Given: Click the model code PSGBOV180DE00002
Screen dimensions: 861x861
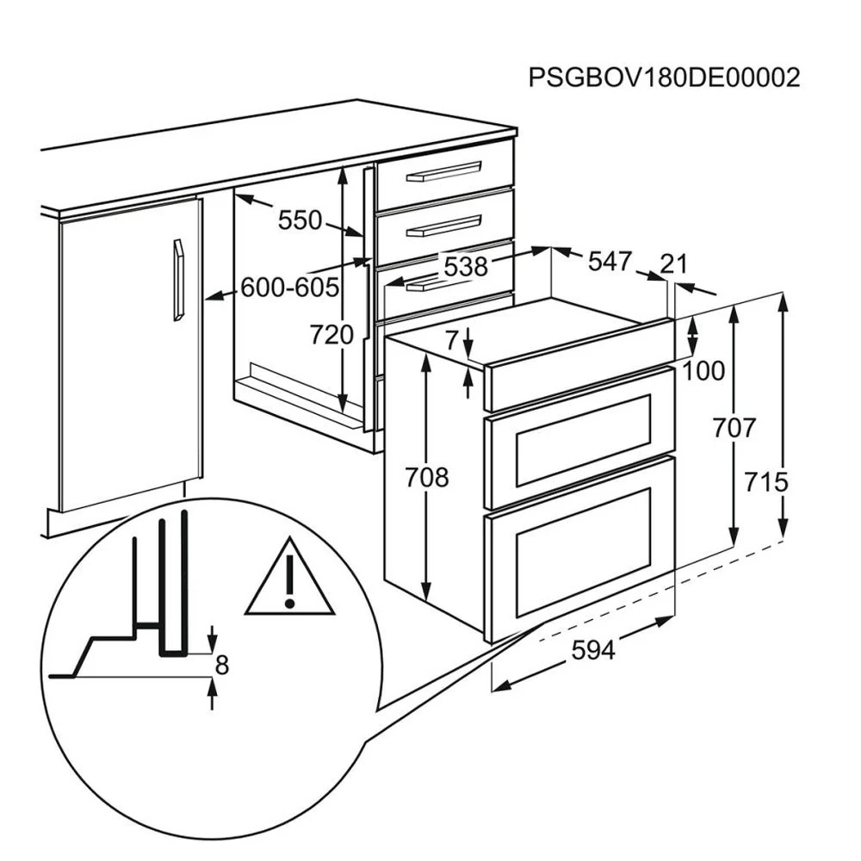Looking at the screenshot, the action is (664, 78).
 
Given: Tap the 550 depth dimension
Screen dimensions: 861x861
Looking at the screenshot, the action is (300, 220).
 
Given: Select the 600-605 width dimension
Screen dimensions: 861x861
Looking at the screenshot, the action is (290, 288).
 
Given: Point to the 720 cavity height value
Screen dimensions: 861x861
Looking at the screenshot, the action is (331, 335).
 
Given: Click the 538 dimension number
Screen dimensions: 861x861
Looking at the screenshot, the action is (466, 267).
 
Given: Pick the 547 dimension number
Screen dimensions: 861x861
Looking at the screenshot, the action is (610, 262).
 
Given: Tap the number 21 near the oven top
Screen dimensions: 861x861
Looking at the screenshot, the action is (674, 264).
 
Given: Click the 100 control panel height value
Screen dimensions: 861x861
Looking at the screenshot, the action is (703, 371).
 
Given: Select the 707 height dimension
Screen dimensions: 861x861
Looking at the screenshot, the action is (734, 428).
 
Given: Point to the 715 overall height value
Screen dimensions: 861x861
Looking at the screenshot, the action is (766, 483).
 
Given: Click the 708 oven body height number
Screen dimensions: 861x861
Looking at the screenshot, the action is (427, 477).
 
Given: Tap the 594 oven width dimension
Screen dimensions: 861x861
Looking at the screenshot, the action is (593, 651).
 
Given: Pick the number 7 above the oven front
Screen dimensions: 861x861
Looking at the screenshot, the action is (451, 340).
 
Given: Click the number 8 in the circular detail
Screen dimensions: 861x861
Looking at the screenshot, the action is (221, 665).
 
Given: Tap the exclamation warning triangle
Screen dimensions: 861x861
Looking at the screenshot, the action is (289, 577).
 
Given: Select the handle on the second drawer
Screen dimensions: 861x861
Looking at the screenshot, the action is (443, 226).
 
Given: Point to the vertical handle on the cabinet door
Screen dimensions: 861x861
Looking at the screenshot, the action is (178, 280).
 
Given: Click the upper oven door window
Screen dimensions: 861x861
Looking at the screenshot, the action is (583, 440).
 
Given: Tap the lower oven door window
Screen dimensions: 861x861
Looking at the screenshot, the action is (583, 552).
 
